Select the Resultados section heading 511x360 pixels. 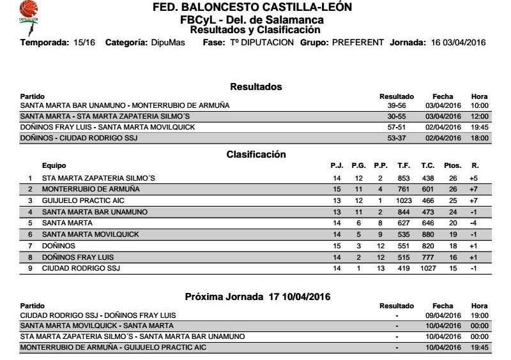coord(256,87)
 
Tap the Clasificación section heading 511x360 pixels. coord(256,154)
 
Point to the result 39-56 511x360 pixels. coord(397,105)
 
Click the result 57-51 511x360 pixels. coord(397,127)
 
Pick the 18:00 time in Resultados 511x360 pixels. coord(479,138)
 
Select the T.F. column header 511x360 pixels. coord(404,166)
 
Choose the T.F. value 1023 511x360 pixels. coord(404,200)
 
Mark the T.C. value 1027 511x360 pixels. coord(428,269)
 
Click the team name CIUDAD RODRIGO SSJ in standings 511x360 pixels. coord(81,269)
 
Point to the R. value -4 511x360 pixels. coord(473,223)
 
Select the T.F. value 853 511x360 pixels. coord(404,178)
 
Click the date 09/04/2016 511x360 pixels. coord(443,315)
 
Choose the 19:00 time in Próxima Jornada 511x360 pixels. coord(479,315)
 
